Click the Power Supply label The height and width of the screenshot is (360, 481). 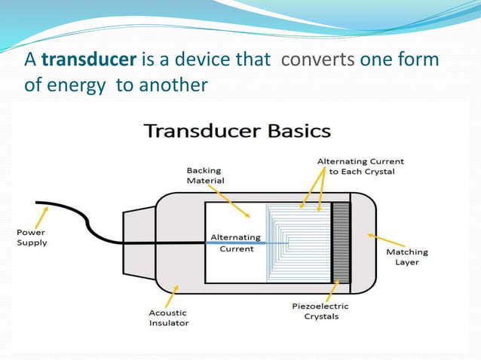[32, 237]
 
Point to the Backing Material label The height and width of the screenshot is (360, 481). [205, 175]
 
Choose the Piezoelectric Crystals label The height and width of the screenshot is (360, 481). [320, 311]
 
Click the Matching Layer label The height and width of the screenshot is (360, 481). [407, 257]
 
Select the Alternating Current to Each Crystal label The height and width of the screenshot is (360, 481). [360, 166]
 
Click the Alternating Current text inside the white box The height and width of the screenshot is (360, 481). [235, 243]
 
